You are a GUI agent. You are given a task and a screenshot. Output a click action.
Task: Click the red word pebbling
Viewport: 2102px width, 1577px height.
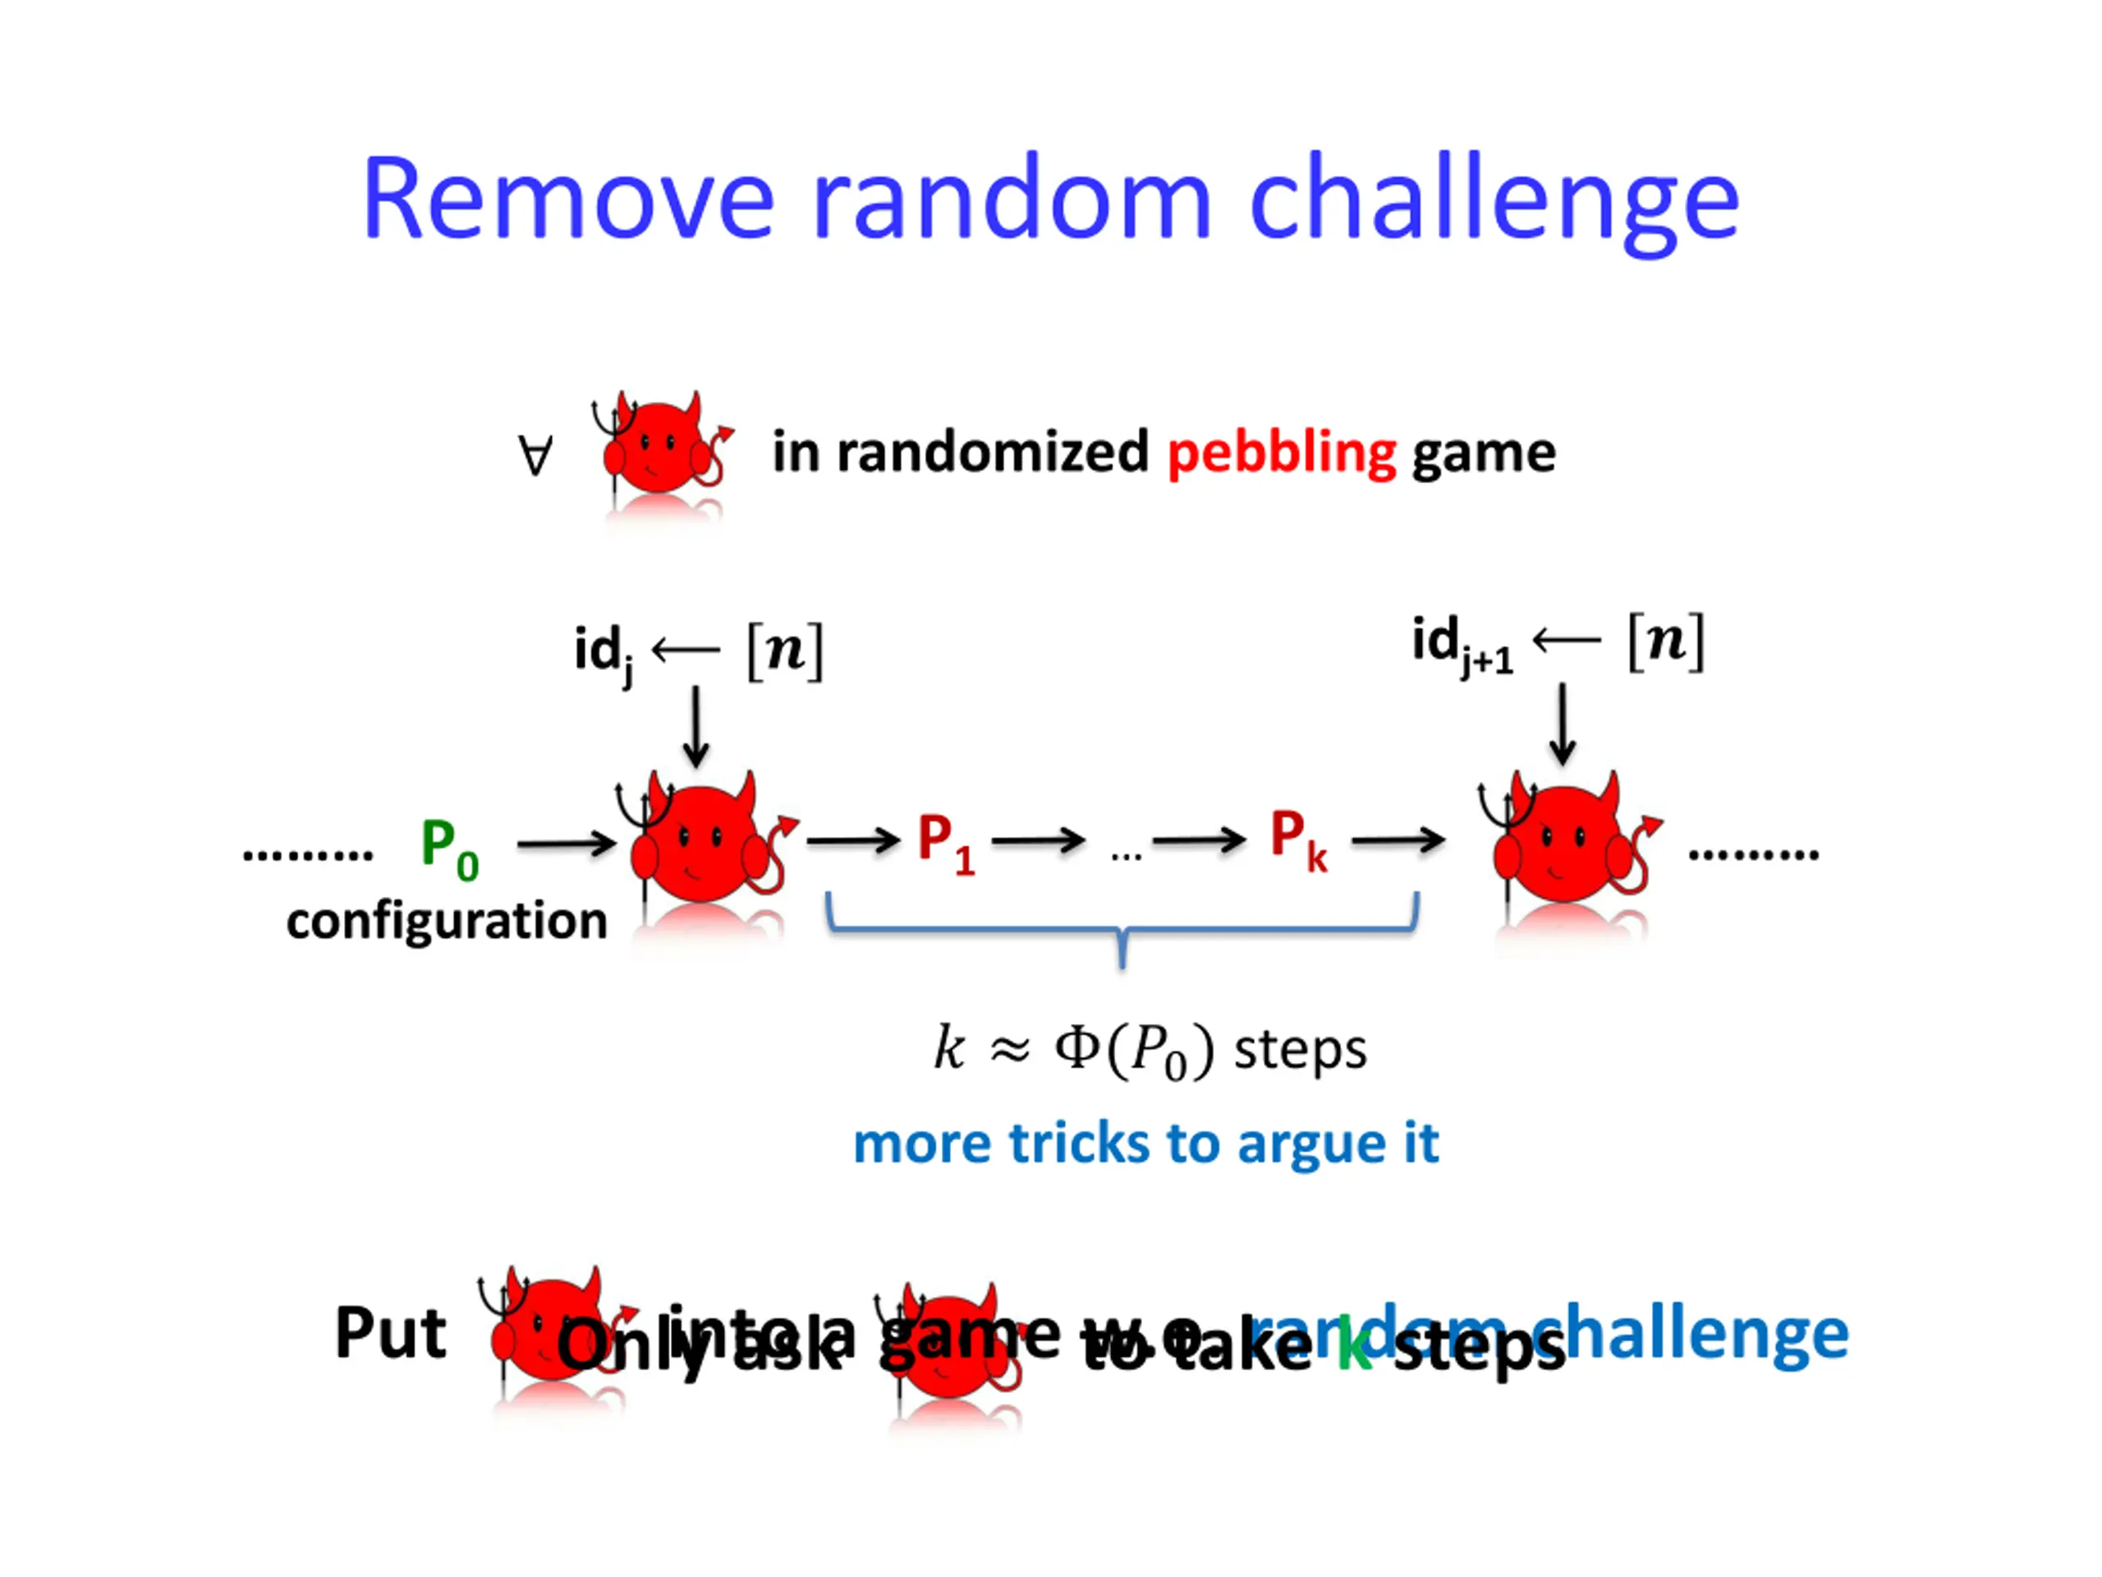tap(1281, 453)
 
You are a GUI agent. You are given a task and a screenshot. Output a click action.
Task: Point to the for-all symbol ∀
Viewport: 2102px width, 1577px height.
tap(535, 455)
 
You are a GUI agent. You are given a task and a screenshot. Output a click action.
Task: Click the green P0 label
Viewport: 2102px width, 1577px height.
tap(448, 848)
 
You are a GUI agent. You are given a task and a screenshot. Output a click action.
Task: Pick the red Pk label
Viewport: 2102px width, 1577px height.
tap(1298, 839)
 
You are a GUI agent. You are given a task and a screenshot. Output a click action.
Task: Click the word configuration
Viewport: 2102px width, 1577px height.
tap(447, 921)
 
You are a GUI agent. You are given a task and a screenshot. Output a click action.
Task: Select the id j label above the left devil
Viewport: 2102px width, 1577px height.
tap(603, 652)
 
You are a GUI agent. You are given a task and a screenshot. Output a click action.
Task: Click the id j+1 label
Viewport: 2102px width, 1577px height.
tap(1462, 645)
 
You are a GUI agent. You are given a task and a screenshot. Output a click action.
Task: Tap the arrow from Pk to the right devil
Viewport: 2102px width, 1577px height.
tap(1398, 840)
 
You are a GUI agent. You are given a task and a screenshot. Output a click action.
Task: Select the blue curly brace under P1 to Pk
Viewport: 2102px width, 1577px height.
tap(1122, 930)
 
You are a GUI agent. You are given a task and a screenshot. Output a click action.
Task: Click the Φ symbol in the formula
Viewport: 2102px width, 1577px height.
tap(1077, 1050)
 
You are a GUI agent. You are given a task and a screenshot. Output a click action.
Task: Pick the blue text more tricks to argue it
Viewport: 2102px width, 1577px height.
tap(1146, 1143)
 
